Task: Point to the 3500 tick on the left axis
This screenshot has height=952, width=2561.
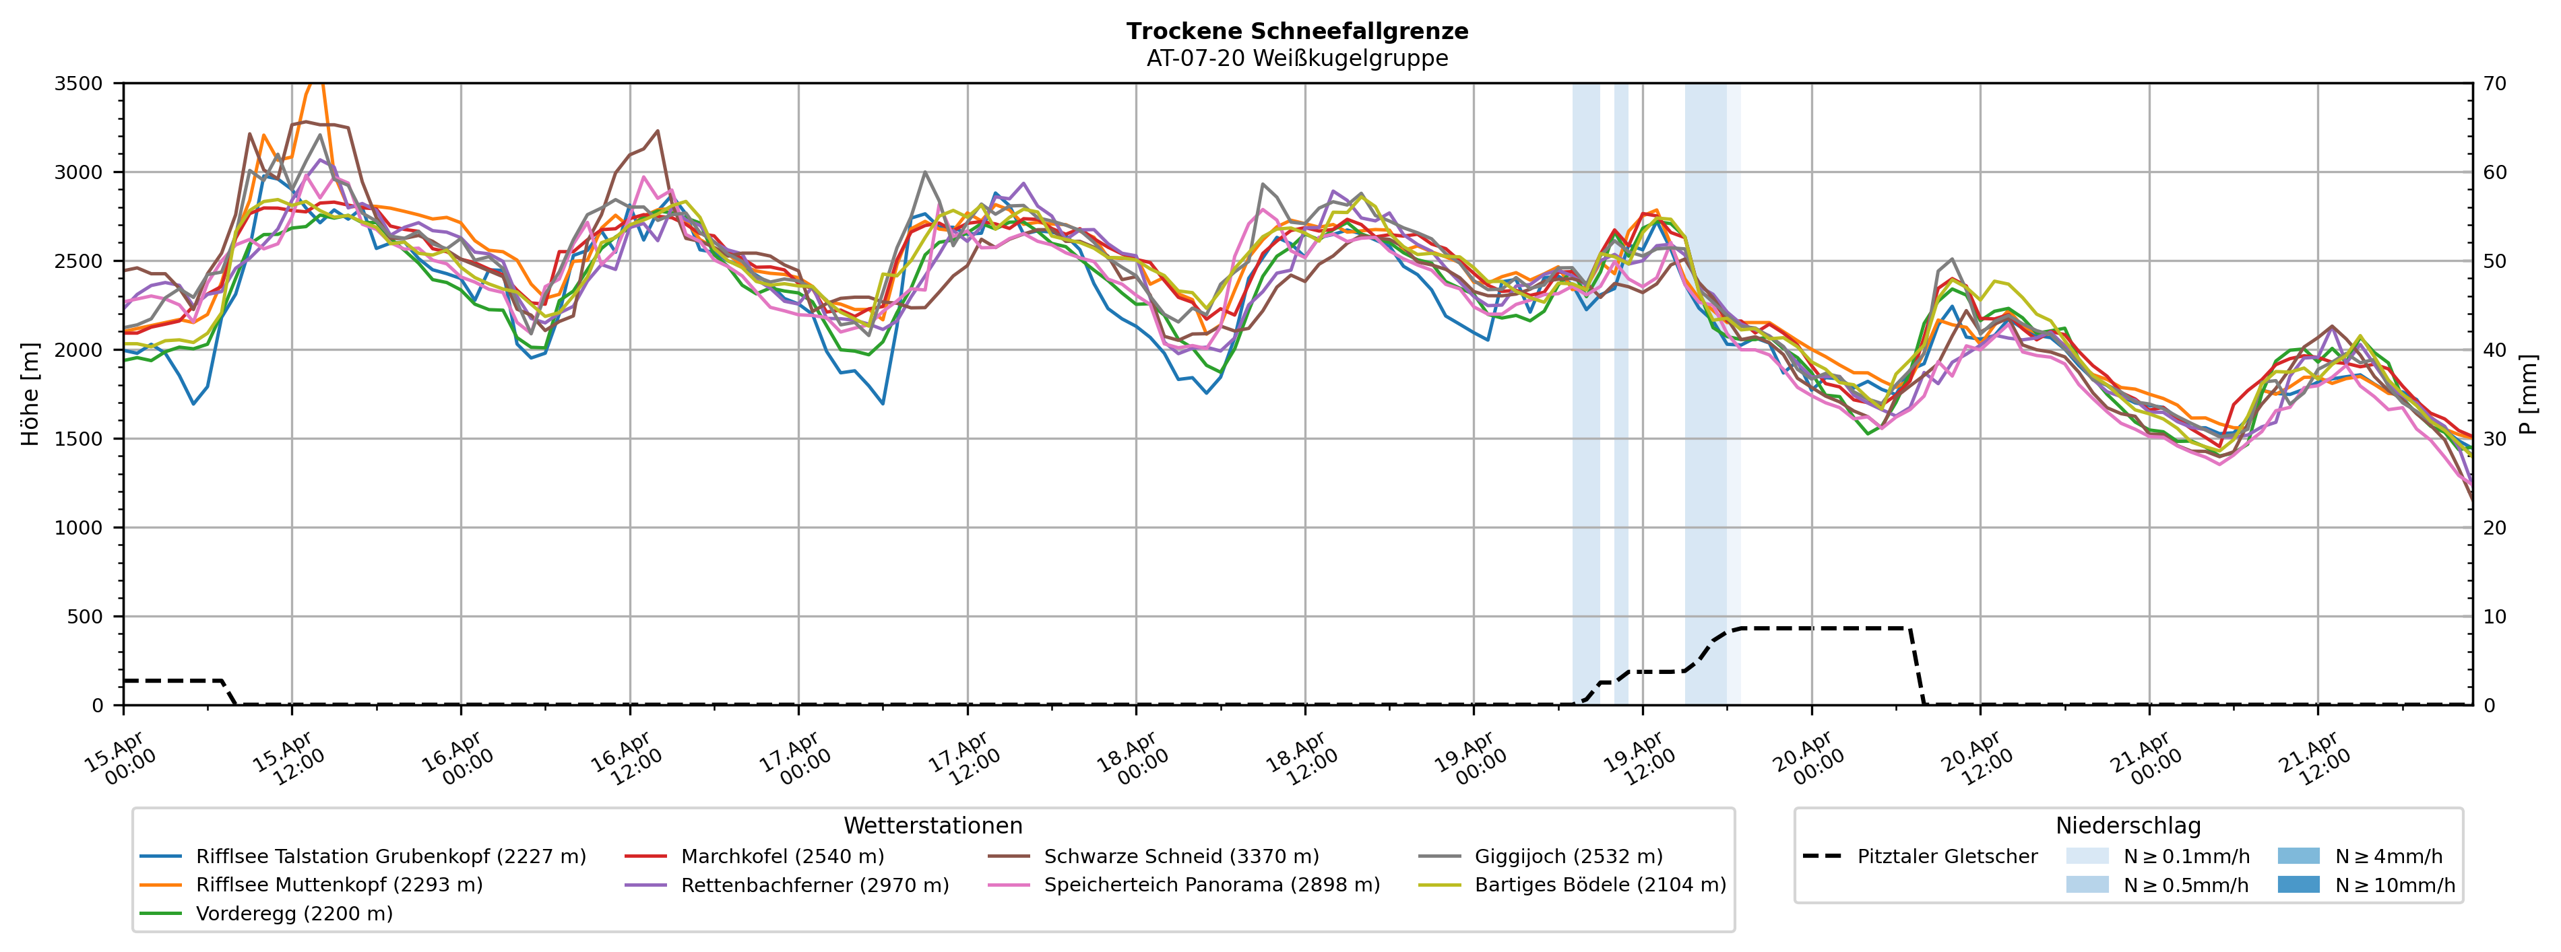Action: point(79,83)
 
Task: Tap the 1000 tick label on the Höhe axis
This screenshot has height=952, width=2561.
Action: point(79,528)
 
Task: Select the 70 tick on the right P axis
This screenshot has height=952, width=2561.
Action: point(2494,83)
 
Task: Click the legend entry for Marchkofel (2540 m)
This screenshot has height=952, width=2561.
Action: point(782,856)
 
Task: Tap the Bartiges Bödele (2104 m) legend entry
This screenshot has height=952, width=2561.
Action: point(1600,885)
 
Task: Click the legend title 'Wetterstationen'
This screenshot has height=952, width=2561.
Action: point(932,826)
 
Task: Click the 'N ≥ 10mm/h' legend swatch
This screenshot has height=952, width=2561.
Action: point(2298,885)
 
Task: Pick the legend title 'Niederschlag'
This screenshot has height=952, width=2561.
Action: point(2128,826)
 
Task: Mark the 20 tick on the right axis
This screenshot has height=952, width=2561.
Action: point(2494,528)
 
